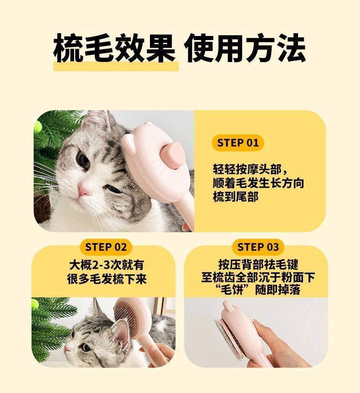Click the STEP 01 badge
[237, 143]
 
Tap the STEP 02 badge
[106, 247]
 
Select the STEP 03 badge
[258, 247]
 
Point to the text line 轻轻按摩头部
[251, 169]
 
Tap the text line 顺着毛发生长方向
[258, 183]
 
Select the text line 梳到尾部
[236, 197]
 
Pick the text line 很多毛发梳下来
[107, 279]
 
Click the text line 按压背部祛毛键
[258, 264]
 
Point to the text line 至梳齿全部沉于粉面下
[258, 277]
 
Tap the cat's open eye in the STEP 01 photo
[83, 159]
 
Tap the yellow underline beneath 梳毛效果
[116, 66]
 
